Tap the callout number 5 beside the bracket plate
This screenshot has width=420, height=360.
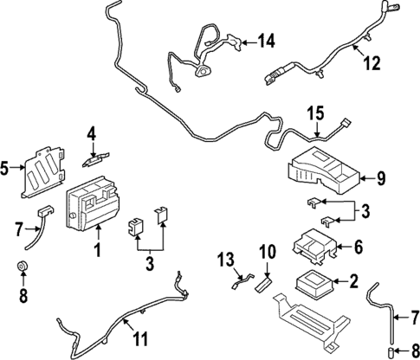point(7,170)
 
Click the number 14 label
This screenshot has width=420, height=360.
point(266,40)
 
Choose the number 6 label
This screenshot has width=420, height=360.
point(357,247)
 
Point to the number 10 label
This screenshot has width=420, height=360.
point(268,253)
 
